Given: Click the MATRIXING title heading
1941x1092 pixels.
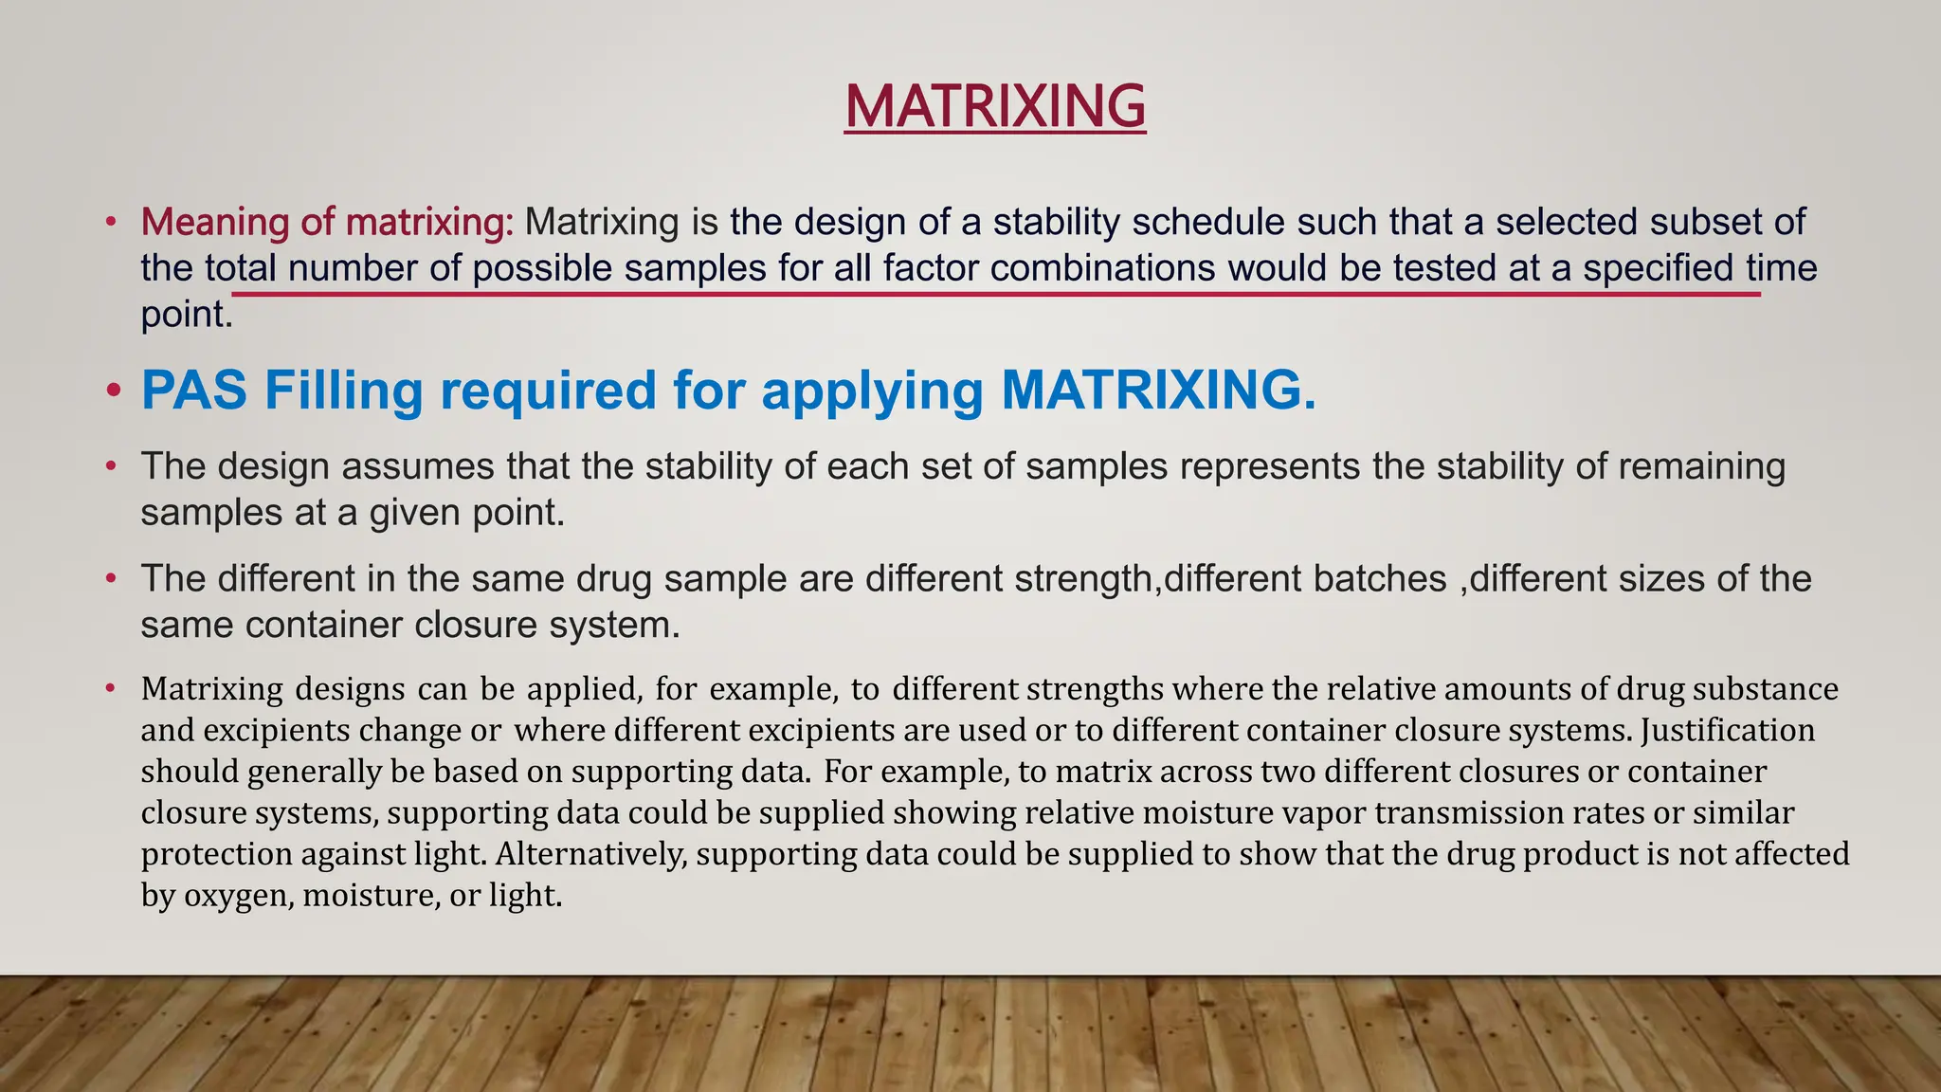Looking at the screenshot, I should (995, 105).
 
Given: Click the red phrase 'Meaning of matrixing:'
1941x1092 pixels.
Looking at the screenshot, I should (327, 222).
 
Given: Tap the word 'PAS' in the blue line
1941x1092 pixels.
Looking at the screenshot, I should (194, 390).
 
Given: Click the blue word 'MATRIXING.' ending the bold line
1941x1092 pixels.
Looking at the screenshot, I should (1158, 390).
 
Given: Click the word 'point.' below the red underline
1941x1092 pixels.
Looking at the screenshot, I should (187, 315).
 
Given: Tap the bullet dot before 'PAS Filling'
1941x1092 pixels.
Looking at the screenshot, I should (114, 391).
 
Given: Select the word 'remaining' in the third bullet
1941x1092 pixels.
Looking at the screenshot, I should (1701, 466).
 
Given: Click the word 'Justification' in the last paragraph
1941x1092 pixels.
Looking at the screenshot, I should (1728, 730).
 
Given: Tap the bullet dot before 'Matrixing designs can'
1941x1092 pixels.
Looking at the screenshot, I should (111, 687).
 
